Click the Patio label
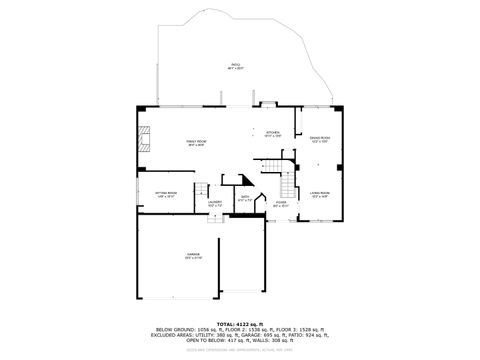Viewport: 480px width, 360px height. [x=235, y=67]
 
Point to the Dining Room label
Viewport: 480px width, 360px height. [x=319, y=139]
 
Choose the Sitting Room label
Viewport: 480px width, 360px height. [x=166, y=194]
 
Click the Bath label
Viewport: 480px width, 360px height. [x=246, y=198]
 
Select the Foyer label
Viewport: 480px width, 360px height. [x=282, y=205]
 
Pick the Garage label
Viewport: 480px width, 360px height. [x=193, y=256]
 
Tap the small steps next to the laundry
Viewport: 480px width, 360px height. [x=201, y=190]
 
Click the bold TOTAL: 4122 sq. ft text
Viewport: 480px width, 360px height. [x=239, y=323]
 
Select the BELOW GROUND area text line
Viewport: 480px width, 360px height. [x=239, y=329]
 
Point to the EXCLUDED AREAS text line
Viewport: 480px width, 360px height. [x=239, y=335]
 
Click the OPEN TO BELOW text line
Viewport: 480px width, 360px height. [x=239, y=341]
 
